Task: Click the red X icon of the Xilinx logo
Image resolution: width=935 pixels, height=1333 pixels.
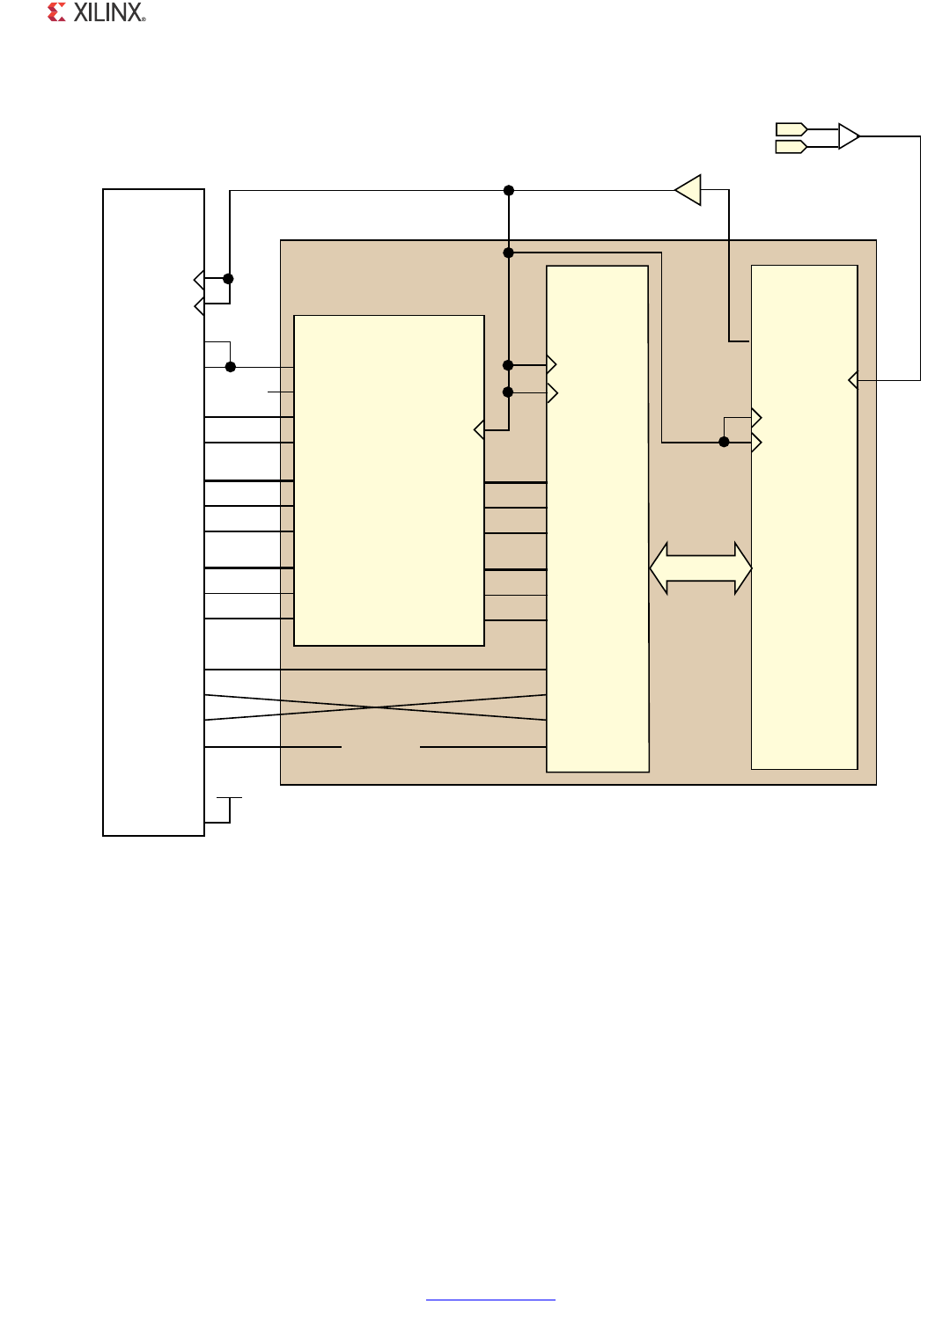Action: (56, 12)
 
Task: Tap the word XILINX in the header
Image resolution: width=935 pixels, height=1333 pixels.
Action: (109, 12)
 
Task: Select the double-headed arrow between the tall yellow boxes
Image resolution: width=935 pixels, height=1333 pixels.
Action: (700, 568)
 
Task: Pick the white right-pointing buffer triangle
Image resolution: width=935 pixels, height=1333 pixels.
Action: (849, 136)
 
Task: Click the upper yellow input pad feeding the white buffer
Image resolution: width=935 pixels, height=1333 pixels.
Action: (791, 129)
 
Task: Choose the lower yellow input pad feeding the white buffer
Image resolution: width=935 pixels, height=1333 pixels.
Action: (791, 146)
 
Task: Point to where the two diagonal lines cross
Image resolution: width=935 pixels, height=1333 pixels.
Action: (375, 707)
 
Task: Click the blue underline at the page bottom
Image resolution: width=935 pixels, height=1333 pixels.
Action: (490, 1300)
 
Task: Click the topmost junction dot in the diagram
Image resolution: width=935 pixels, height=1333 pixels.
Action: (509, 190)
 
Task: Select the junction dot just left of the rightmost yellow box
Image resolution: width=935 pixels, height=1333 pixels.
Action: (724, 442)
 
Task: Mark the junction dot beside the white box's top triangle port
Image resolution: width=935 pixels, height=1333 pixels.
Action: (228, 279)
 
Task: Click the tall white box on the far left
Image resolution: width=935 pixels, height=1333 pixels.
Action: (154, 512)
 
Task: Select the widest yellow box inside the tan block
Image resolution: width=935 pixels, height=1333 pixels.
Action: (389, 480)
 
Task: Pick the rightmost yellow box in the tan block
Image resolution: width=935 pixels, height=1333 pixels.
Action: (804, 517)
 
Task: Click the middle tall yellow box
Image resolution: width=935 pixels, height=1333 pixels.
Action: (597, 519)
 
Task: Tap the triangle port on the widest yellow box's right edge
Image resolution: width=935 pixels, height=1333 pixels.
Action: (479, 429)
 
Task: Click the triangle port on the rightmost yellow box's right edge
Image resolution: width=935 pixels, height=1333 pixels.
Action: (853, 380)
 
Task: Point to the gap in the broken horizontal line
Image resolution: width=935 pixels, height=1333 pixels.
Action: (380, 746)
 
